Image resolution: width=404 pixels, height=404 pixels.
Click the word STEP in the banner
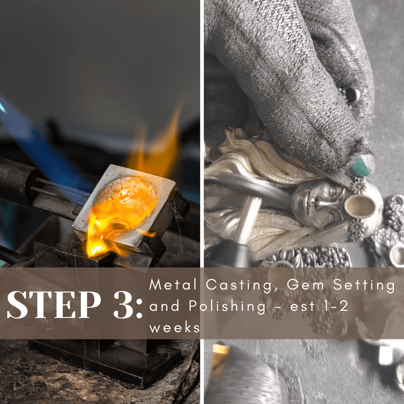click(54, 305)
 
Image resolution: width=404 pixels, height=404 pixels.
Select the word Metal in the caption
click(173, 284)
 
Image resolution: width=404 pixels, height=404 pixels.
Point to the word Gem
click(305, 284)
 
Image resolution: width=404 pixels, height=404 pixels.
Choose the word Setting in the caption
click(364, 286)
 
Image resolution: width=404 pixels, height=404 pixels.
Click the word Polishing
click(227, 307)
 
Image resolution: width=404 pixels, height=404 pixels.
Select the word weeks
click(175, 328)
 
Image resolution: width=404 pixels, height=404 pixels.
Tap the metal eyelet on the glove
click(350, 95)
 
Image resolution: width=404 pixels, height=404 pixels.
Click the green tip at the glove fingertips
click(361, 167)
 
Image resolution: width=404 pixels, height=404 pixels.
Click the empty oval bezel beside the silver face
click(360, 206)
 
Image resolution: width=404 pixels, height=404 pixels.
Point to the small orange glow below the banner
click(221, 349)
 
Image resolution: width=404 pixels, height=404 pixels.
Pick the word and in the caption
click(164, 306)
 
